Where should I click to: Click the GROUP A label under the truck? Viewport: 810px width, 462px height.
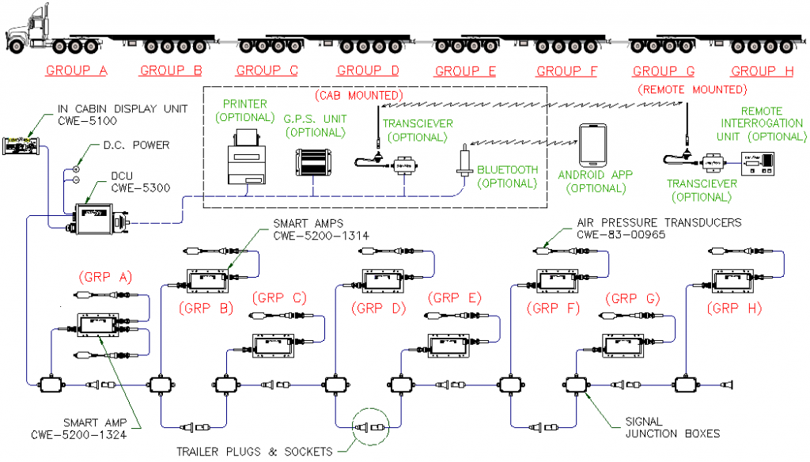coord(77,71)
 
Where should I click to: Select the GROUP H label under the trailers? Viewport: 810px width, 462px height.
coord(762,71)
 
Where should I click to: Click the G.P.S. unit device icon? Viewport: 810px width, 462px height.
coord(313,164)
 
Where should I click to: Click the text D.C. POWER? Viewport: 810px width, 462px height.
coord(137,146)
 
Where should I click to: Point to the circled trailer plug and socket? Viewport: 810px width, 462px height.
coord(372,427)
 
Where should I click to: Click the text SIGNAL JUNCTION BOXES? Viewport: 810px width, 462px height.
coord(660,427)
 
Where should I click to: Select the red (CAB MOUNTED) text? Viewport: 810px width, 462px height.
coord(359,97)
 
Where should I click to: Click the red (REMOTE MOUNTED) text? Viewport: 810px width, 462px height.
coord(691,89)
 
